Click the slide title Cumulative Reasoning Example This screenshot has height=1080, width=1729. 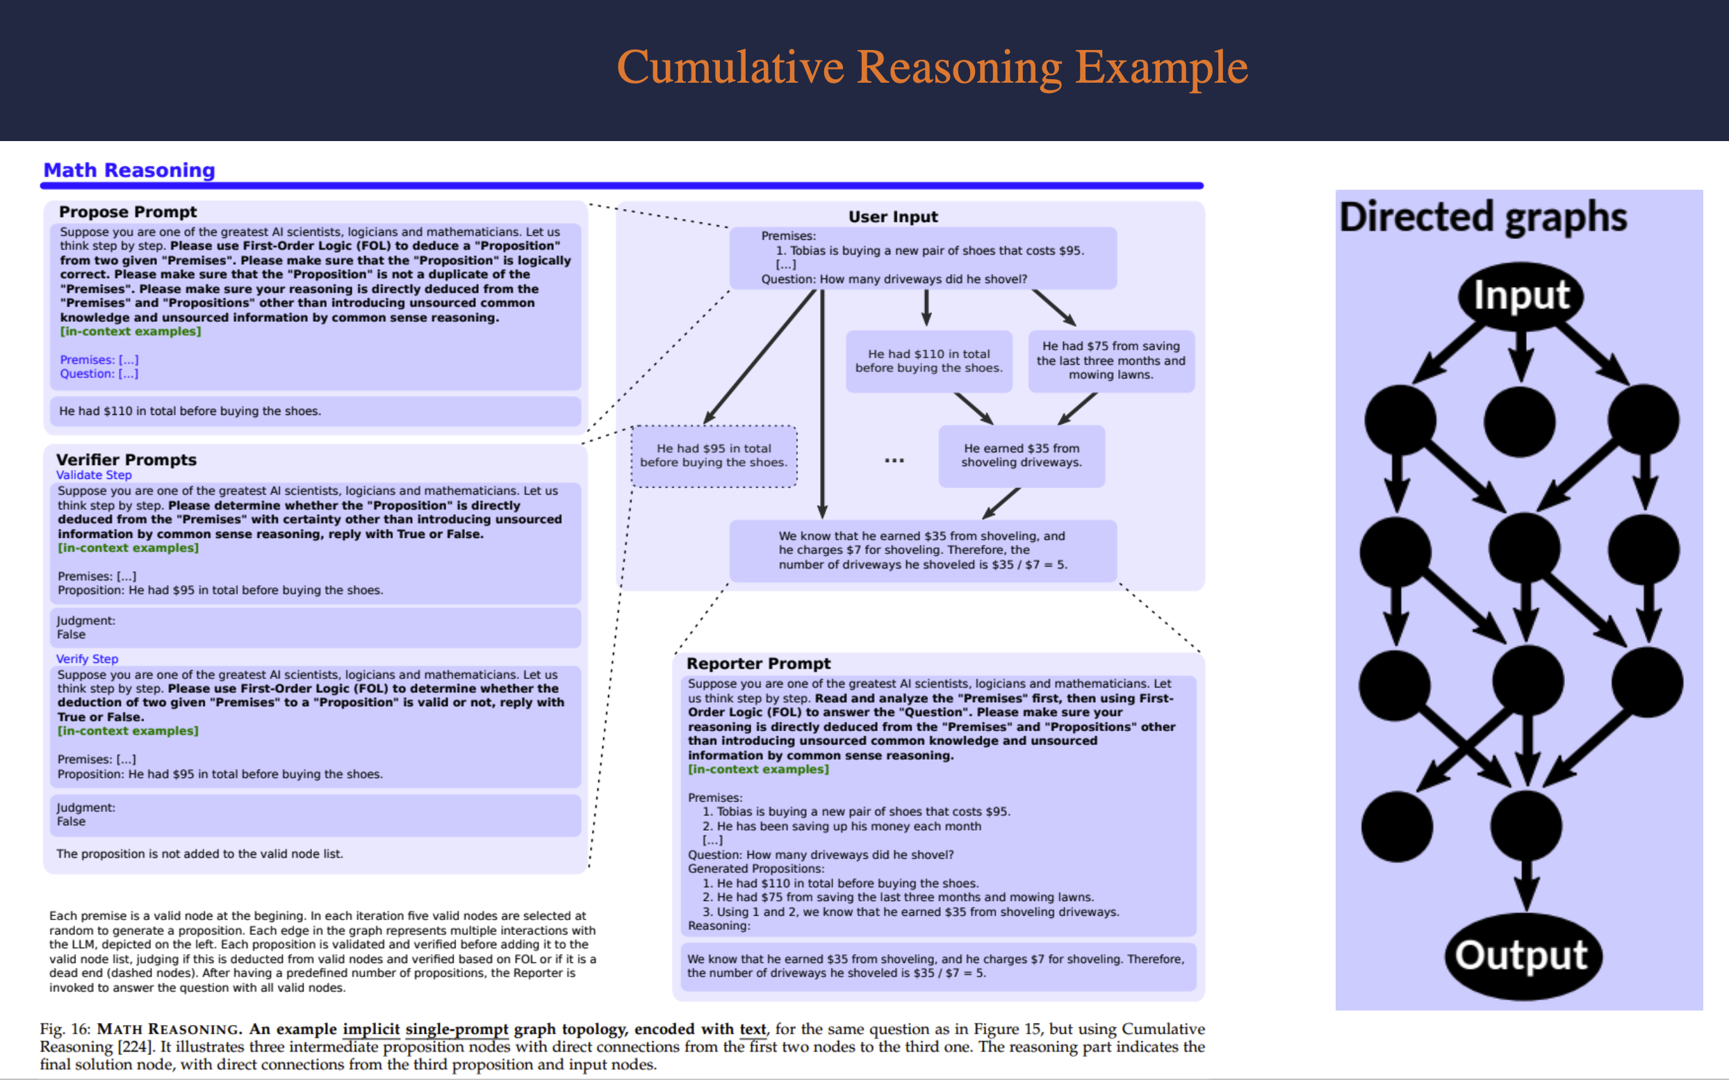[931, 68]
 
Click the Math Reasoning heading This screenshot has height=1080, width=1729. [129, 170]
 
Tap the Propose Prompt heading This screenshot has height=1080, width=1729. [128, 212]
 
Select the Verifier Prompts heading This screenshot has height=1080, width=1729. [126, 460]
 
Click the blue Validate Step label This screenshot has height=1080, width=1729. [94, 475]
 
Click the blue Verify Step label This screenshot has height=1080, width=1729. [87, 659]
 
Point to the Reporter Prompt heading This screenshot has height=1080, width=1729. [758, 664]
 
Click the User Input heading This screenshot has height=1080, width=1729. [893, 217]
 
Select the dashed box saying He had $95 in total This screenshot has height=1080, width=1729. [714, 456]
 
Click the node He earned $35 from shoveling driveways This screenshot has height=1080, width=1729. [1022, 456]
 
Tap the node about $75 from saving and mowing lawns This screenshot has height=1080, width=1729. [1111, 361]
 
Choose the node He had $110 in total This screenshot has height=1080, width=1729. [928, 361]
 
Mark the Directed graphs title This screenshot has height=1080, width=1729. [1482, 217]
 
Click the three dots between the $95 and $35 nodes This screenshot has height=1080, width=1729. [894, 461]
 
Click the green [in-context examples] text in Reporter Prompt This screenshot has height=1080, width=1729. [758, 769]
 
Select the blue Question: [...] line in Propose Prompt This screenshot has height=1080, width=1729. [99, 374]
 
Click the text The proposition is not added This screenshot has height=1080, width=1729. [199, 853]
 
